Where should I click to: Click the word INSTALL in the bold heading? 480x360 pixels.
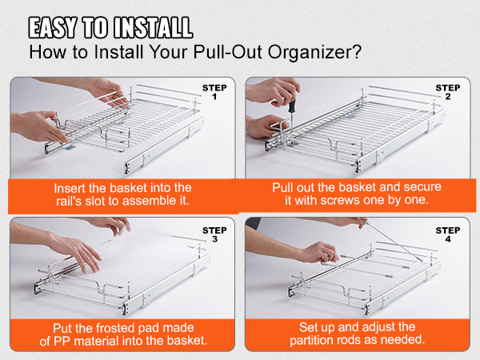click(153, 28)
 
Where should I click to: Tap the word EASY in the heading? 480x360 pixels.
click(52, 28)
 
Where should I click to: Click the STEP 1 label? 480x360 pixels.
click(214, 92)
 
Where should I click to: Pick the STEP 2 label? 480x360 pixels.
click(448, 92)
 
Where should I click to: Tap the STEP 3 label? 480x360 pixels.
click(214, 234)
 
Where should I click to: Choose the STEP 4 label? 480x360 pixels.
click(448, 234)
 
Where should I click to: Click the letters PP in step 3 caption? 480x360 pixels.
click(62, 342)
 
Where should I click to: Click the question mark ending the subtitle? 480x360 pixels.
click(358, 51)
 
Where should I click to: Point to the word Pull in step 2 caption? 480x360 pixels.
click(282, 187)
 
